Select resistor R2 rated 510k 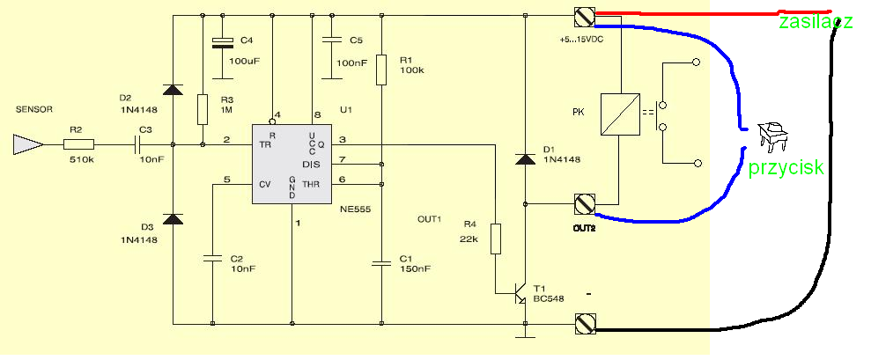point(79,145)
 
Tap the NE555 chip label point(355,209)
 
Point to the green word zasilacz point(815,23)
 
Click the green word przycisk point(786,168)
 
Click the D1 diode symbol point(525,160)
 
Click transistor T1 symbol point(519,295)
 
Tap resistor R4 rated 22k point(496,239)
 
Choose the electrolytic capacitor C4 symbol point(224,43)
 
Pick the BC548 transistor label point(549,299)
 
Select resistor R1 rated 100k point(381,70)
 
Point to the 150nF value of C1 point(415,268)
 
